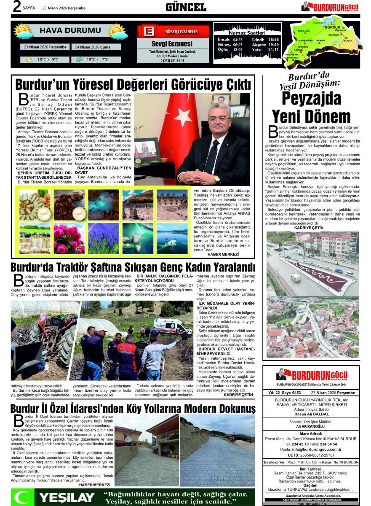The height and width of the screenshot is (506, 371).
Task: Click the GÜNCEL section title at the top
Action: [186, 7]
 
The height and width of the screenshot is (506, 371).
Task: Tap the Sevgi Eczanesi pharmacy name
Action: [172, 44]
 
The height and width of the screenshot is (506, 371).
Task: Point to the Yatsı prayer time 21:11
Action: [273, 50]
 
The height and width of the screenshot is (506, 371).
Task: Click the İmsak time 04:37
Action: [238, 40]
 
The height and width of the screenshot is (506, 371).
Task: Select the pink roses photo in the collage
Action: [69, 238]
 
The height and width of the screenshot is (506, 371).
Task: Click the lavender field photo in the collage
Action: [104, 238]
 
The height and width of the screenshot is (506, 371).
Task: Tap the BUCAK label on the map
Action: [348, 41]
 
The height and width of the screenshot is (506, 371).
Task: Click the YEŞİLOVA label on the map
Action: [304, 31]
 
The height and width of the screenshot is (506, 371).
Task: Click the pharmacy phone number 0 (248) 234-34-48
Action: [172, 61]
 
